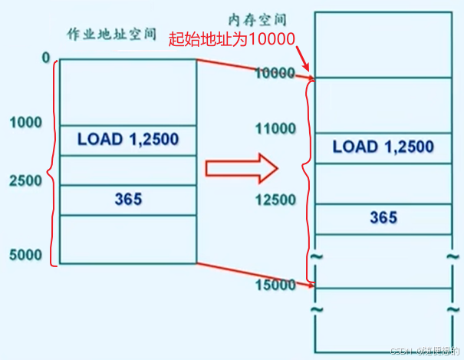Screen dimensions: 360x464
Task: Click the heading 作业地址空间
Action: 111,35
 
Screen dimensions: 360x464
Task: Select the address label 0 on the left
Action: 46,58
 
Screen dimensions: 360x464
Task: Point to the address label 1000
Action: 27,121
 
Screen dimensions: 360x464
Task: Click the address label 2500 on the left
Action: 27,182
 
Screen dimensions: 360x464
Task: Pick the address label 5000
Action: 27,255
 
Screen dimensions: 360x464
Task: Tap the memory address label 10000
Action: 274,74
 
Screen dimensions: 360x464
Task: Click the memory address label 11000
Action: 274,127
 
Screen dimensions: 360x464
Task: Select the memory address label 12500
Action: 274,200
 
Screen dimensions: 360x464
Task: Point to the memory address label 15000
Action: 274,285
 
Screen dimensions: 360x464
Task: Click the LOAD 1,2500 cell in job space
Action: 127,140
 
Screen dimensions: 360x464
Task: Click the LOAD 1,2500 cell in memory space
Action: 383,147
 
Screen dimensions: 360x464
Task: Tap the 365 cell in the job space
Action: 128,200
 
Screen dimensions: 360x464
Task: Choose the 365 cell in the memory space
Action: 383,218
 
